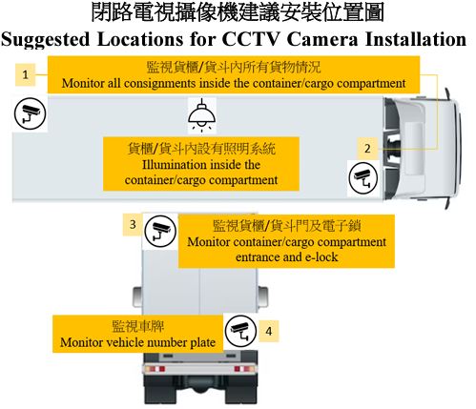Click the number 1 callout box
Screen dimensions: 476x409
click(x=25, y=75)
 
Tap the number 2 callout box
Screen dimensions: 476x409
click(x=367, y=149)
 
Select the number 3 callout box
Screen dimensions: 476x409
click(x=133, y=225)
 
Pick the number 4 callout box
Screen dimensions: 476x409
click(x=269, y=331)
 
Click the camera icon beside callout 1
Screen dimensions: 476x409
click(x=31, y=113)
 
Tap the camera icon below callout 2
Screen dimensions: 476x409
click(x=363, y=177)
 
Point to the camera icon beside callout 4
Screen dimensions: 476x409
click(x=240, y=331)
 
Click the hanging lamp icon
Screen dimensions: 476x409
click(x=202, y=114)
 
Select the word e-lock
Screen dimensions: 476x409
click(x=321, y=256)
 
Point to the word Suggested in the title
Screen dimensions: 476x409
click(x=46, y=40)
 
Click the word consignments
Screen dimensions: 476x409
click(x=159, y=83)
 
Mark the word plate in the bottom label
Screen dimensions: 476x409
click(x=202, y=342)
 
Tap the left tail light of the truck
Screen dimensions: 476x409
click(x=155, y=369)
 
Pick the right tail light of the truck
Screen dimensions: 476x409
click(x=244, y=369)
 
